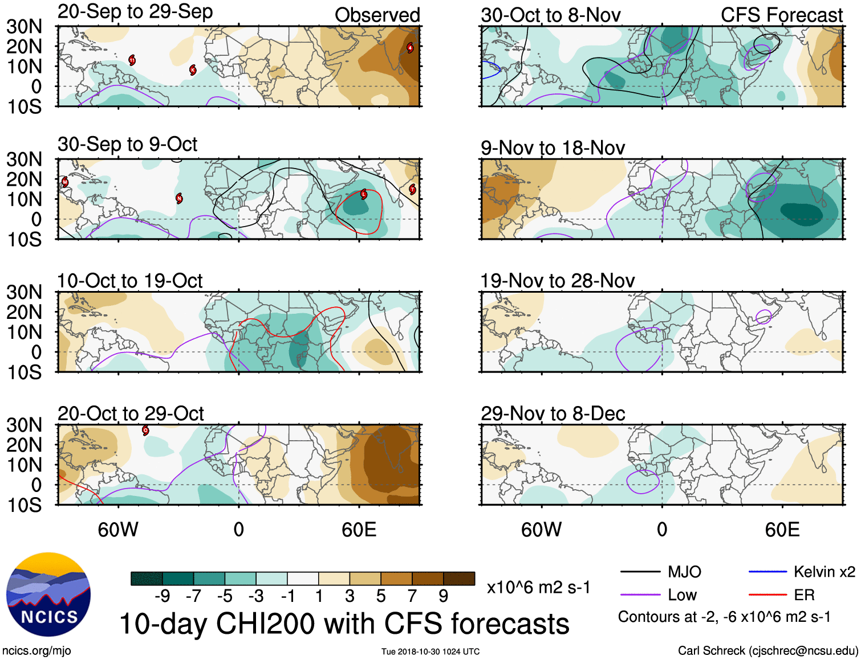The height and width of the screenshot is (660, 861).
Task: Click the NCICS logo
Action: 48,595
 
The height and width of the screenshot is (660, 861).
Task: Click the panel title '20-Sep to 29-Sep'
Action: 135,11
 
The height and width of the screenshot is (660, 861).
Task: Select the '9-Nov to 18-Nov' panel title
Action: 553,148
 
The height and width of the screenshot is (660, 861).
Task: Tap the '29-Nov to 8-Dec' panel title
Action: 553,413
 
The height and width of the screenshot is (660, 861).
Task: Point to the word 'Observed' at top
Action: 377,15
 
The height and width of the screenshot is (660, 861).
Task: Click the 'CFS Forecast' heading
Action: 781,15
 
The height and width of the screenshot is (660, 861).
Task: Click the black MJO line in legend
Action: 640,572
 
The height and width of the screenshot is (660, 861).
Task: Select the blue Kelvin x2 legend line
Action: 767,572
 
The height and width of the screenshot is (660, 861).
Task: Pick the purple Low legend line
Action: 640,595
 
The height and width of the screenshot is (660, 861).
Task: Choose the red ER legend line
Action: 767,595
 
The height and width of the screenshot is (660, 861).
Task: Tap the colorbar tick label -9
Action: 162,596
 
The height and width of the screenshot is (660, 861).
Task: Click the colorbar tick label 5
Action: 380,596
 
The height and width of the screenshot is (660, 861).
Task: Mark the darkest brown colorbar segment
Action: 459,579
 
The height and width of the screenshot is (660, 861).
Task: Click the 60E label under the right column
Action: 782,530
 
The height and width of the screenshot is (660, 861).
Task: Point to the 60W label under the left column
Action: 118,530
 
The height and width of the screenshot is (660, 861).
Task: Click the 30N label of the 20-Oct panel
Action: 24,425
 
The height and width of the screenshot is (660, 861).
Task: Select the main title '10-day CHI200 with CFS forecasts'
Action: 344,624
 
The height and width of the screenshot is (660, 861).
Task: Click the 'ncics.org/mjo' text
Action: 36,650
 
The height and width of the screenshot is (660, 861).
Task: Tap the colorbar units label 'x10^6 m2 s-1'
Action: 538,587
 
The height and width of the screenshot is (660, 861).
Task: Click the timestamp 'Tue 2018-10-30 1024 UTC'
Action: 431,651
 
